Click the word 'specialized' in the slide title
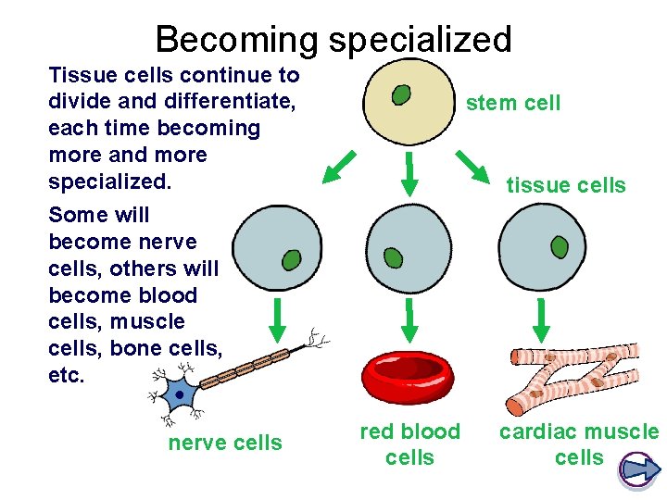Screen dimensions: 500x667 coord(417,40)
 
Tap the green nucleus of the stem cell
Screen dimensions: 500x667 coord(401,94)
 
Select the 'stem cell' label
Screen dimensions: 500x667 coord(513,103)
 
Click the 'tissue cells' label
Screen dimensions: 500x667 coord(565,185)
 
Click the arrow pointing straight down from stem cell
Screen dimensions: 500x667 coord(409,173)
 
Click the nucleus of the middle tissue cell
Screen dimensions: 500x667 coord(393,256)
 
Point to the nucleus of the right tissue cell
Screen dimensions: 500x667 coord(560,247)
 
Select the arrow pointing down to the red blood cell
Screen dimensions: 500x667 coord(409,319)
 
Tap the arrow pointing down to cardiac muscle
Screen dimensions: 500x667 coord(543,319)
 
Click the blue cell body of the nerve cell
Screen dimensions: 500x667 coord(180,395)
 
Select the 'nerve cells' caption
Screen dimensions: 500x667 coord(225,444)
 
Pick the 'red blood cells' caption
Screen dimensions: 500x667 coord(409,444)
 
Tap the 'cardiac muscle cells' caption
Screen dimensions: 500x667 coord(579,444)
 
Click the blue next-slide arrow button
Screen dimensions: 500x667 coord(638,469)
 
